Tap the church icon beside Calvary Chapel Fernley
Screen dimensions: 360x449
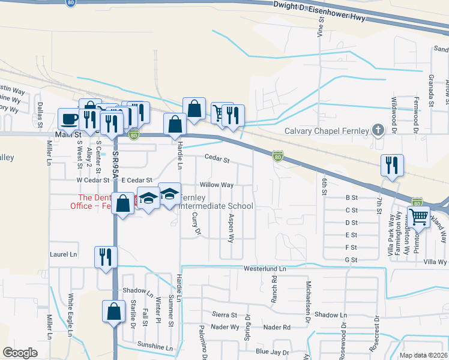pos(378,130)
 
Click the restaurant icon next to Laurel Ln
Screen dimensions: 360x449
pos(105,257)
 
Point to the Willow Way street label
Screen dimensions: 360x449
pos(216,185)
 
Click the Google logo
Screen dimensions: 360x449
pos(20,353)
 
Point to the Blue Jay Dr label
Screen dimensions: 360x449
pos(271,352)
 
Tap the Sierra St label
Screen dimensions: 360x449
pos(224,314)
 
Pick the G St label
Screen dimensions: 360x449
pos(351,260)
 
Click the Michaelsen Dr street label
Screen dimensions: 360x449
pos(307,295)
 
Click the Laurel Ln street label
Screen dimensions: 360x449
pos(65,254)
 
